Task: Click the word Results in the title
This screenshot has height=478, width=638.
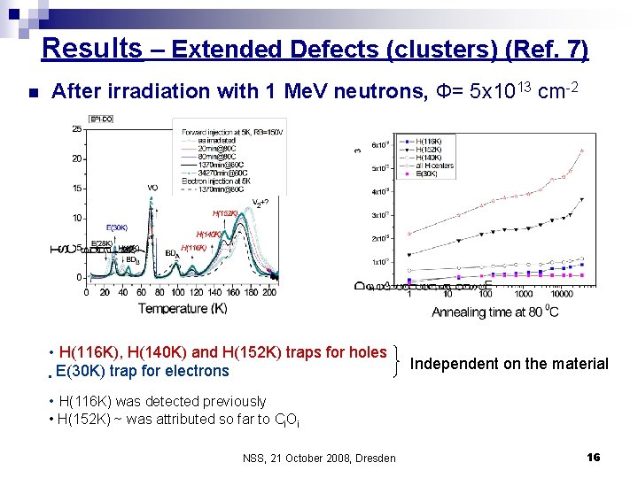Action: click(91, 47)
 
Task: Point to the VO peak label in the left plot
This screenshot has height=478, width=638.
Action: click(152, 188)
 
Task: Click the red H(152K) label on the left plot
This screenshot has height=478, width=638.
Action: click(224, 213)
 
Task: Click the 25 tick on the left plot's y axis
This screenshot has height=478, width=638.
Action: click(78, 129)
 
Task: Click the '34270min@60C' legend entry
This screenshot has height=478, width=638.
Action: click(224, 171)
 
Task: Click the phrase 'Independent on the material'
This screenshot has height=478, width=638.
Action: click(510, 364)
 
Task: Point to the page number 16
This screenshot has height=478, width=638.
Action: click(593, 457)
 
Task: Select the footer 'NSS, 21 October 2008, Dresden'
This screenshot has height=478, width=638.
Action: click(318, 458)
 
